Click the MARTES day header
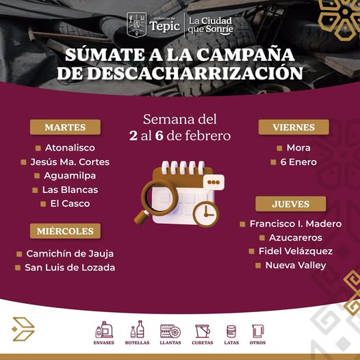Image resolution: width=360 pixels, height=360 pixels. click(x=65, y=127)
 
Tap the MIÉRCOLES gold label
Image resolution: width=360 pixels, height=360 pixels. click(x=65, y=231)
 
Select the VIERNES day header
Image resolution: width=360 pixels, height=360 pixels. click(x=294, y=127)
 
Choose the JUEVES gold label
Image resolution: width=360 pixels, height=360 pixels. click(x=291, y=204)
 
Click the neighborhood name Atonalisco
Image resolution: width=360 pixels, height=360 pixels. click(x=70, y=148)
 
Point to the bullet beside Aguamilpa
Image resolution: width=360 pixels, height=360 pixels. click(x=37, y=176)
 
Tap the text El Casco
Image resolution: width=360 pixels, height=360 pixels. click(x=70, y=204)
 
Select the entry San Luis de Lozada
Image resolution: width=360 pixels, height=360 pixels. click(x=70, y=268)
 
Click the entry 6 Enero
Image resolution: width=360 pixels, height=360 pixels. click(x=298, y=162)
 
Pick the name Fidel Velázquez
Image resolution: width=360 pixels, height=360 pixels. click(x=296, y=251)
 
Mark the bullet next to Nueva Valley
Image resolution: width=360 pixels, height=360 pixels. click(x=258, y=266)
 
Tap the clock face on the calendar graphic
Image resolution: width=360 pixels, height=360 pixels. click(x=206, y=214)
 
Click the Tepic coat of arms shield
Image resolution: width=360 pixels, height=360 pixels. click(x=137, y=25)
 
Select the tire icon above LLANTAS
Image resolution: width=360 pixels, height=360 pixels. click(x=170, y=331)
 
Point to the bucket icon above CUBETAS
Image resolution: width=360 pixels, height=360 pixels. click(x=203, y=331)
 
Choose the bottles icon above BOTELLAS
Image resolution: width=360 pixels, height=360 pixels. click(x=138, y=329)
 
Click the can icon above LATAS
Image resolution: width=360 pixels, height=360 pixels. click(x=231, y=331)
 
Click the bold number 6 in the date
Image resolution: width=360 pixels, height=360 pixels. click(x=159, y=136)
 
